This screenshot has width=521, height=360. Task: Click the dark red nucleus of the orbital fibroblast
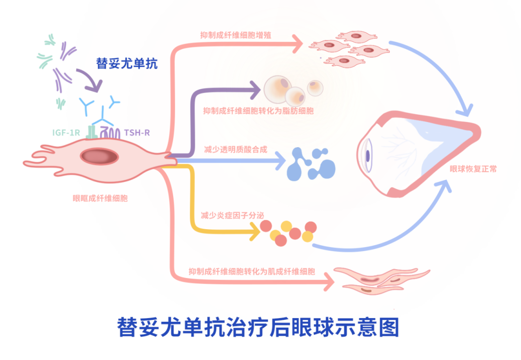(99, 156)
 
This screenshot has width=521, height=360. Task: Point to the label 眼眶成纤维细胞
(100, 198)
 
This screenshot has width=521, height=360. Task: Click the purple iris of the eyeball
(368, 156)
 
